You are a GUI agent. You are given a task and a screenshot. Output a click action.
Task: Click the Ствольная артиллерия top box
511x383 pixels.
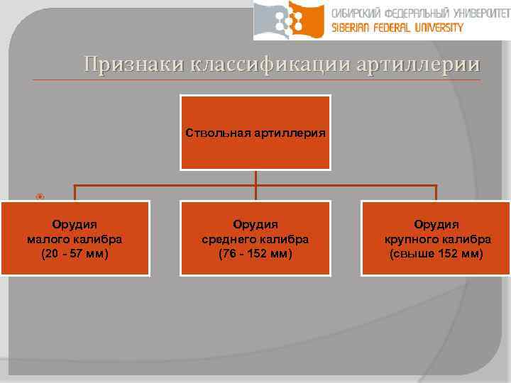[x=255, y=133]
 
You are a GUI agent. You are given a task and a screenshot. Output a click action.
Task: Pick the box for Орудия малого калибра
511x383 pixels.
[x=75, y=238]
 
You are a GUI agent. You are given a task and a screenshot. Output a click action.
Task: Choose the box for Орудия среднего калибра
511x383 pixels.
[x=255, y=238]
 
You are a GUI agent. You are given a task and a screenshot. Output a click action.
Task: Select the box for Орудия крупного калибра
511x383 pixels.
[x=436, y=238]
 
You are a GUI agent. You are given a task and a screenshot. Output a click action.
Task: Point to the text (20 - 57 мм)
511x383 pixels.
[x=75, y=252]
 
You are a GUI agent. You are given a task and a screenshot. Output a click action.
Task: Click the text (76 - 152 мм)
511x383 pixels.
[x=255, y=252]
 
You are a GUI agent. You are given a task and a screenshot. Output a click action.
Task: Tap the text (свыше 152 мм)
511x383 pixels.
[x=436, y=252]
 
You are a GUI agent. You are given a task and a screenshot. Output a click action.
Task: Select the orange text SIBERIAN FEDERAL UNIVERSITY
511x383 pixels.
[x=397, y=28]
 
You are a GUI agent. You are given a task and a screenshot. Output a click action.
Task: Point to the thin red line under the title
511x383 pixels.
[x=255, y=79]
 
